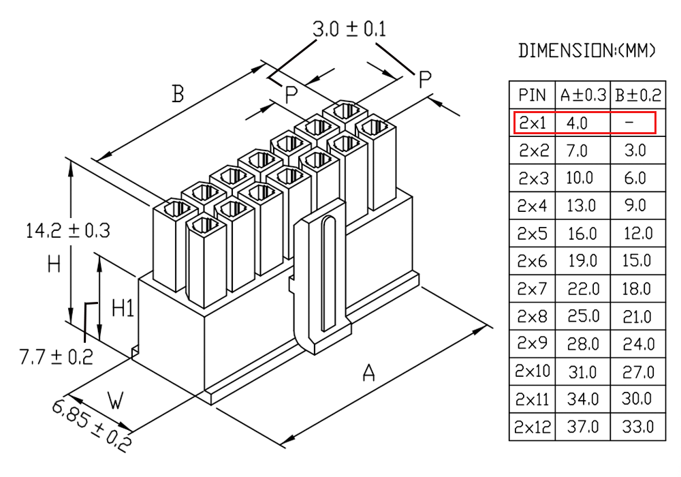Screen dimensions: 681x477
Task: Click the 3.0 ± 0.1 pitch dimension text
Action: (x=349, y=29)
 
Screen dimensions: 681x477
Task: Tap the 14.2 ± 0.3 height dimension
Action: (x=67, y=230)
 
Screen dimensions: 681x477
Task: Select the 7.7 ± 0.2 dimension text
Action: (x=56, y=356)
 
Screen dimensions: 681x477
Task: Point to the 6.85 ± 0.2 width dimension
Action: (x=91, y=426)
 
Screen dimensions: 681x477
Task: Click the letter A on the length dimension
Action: (x=368, y=373)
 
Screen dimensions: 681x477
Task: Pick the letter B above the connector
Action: (x=178, y=94)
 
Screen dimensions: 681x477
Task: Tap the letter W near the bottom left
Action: (x=116, y=401)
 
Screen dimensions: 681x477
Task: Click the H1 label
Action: (x=123, y=308)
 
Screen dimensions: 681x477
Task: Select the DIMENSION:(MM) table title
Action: (x=586, y=50)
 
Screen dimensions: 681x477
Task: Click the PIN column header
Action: (x=532, y=95)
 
